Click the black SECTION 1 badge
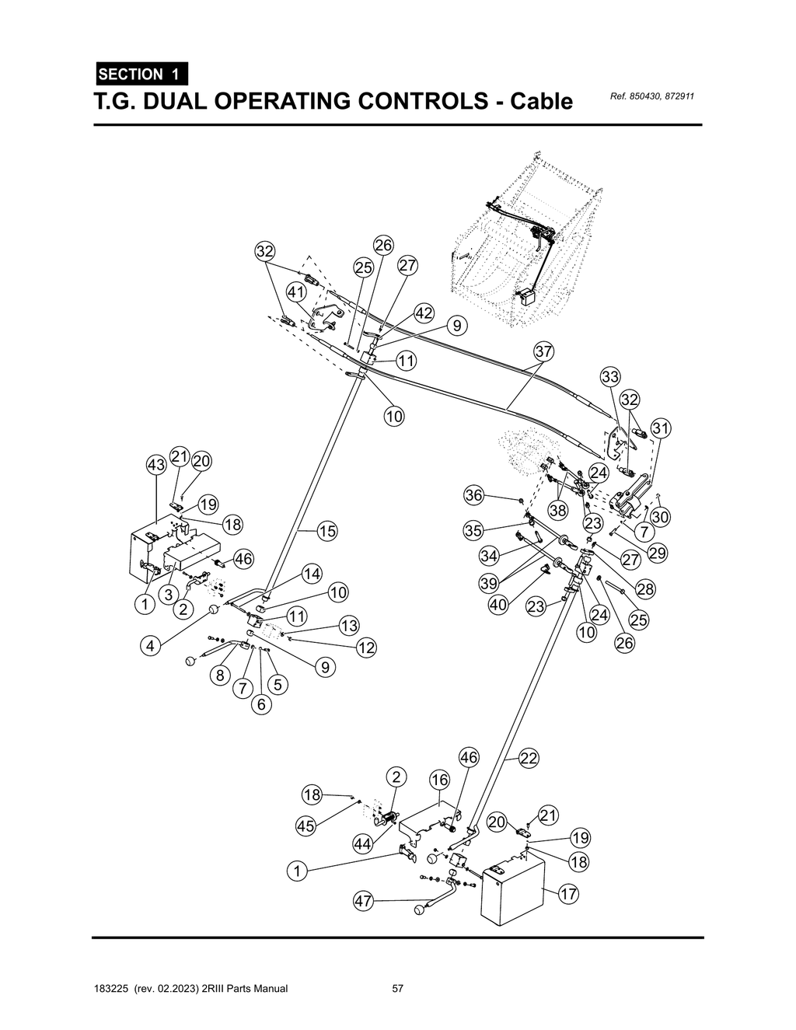(140, 75)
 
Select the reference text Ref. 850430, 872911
(652, 96)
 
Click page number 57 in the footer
(397, 989)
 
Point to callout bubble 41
(295, 292)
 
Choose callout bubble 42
(424, 313)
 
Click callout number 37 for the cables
(543, 352)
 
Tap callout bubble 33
(610, 377)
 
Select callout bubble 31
(661, 428)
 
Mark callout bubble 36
(474, 495)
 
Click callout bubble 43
(156, 466)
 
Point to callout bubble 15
(327, 531)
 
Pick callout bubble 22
(529, 759)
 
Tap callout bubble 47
(363, 901)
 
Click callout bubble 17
(569, 894)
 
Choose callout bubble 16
(439, 780)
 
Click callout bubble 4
(152, 644)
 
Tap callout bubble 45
(306, 826)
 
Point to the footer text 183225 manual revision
(190, 989)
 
